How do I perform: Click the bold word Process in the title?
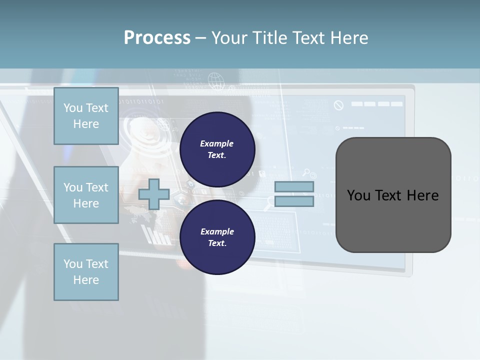pos(157,38)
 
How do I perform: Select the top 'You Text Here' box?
pos(86,116)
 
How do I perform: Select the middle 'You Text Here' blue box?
pos(86,195)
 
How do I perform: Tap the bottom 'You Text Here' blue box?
pos(86,272)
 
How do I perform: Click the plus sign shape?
pos(153,194)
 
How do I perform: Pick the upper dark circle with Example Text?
pos(217,149)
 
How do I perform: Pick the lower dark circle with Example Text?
pos(217,237)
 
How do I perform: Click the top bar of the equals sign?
pos(294,187)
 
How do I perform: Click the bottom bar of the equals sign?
pos(294,201)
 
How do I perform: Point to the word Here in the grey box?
pos(422,195)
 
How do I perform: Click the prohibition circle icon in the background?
pos(338,105)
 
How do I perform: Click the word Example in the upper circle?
pos(217,143)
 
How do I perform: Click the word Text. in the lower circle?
pos(217,243)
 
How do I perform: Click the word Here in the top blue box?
pos(86,124)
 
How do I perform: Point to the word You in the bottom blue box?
pos(72,264)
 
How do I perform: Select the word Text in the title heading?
pos(308,38)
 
